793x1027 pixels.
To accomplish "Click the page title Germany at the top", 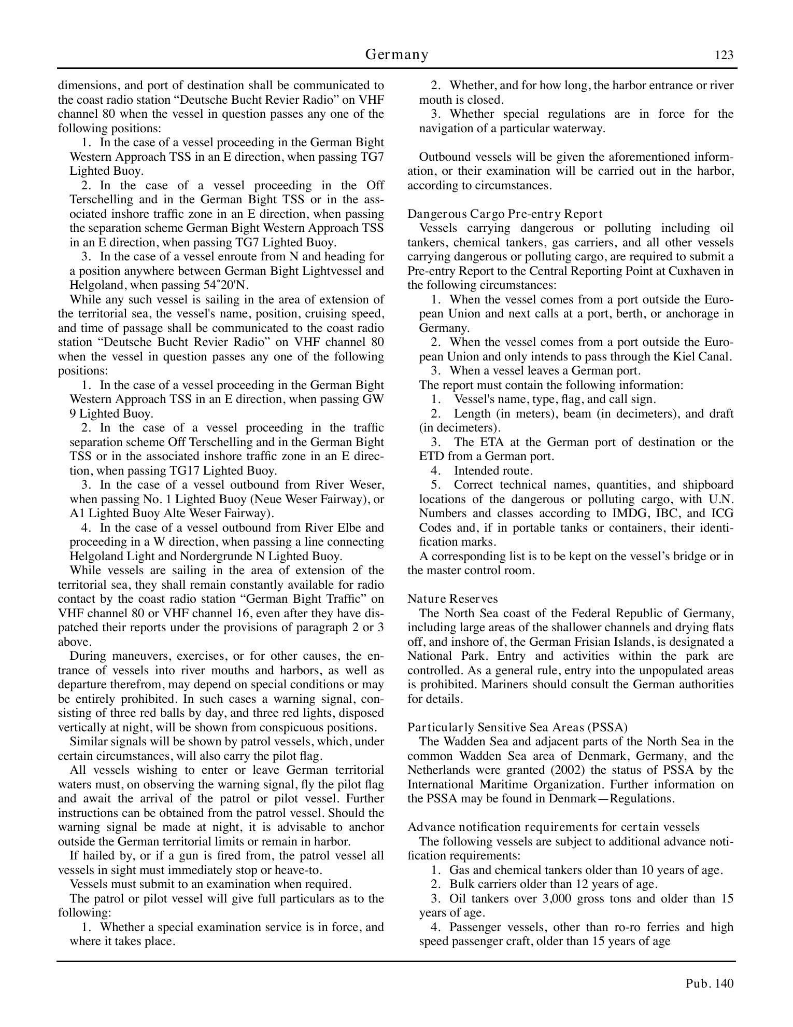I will tap(397, 54).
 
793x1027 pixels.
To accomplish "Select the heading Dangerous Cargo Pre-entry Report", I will tap(505, 214).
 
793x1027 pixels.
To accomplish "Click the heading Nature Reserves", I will tap(452, 599).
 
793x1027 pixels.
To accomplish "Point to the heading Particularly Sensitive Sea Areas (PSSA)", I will tap(517, 727).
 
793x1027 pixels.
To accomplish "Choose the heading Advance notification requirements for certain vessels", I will tap(553, 827).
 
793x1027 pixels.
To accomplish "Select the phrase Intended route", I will tap(493, 470).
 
